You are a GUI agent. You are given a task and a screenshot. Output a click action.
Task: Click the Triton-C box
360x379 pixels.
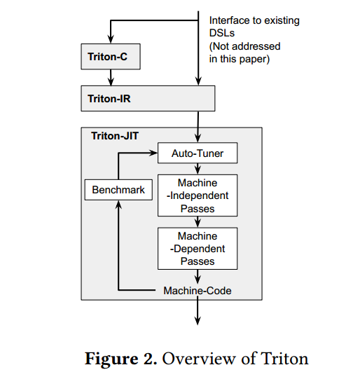click(111, 57)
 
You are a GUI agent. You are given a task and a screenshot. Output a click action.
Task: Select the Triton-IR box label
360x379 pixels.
click(109, 99)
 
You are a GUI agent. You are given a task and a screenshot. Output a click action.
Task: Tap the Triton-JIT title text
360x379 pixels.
click(115, 136)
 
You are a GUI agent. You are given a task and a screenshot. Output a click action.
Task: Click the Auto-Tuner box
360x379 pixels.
click(198, 153)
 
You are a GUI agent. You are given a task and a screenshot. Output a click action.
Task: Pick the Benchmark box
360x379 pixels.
click(118, 190)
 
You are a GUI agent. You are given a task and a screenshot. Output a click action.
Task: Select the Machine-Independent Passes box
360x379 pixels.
click(198, 195)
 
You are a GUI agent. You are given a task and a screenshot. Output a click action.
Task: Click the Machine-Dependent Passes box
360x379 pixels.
click(198, 249)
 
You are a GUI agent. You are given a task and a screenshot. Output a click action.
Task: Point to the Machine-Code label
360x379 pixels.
click(198, 291)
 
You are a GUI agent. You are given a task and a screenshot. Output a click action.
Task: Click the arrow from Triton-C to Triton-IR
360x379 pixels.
click(111, 78)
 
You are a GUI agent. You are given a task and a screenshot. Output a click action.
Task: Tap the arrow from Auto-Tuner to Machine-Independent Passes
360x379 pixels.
click(198, 169)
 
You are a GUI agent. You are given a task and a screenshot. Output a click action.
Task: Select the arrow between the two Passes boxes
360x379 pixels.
click(198, 222)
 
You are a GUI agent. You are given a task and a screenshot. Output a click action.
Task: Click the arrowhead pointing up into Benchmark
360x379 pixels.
click(118, 205)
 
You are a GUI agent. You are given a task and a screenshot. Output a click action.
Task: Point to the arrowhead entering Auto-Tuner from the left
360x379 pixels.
click(153, 153)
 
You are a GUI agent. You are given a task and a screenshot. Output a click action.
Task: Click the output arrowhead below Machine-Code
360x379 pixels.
click(198, 321)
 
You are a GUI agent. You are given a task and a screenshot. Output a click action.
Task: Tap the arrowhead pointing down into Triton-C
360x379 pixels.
click(111, 39)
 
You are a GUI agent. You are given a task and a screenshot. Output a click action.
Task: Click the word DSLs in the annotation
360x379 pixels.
click(222, 33)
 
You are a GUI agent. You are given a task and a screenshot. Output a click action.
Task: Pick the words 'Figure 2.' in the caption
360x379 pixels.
click(120, 359)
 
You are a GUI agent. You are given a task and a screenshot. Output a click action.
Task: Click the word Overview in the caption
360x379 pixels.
click(199, 359)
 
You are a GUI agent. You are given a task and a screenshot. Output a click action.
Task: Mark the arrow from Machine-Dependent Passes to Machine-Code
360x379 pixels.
click(198, 277)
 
